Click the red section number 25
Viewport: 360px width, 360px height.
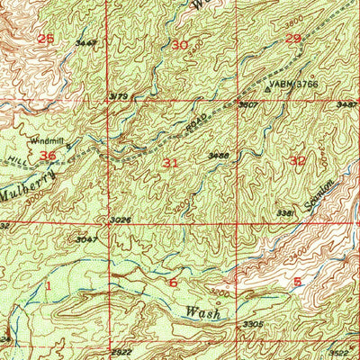pos(46,39)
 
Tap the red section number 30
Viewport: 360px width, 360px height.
pos(181,44)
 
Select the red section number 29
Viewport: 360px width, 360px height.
pos(293,38)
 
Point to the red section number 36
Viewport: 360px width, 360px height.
pos(49,155)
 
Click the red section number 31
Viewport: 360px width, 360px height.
pos(170,162)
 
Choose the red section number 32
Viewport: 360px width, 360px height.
pos(298,160)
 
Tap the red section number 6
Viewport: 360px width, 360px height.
pos(174,282)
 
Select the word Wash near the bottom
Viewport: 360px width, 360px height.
pos(203,312)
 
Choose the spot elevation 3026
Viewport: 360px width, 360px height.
pos(122,220)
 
